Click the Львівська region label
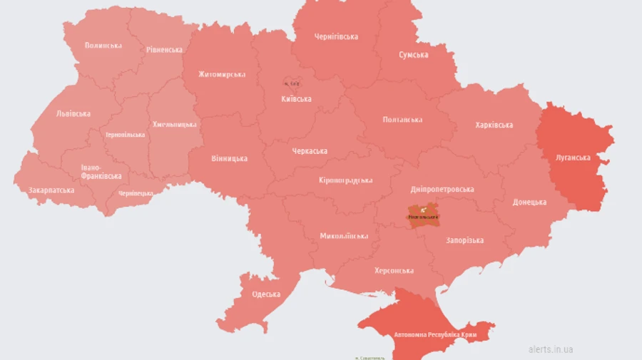[x=73, y=113]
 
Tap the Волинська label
[x=103, y=46]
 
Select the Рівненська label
[x=165, y=50]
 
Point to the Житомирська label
[x=222, y=74]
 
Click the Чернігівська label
[x=336, y=36]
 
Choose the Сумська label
[x=414, y=55]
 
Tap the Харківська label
[x=494, y=125]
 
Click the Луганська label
[x=573, y=158]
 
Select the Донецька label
[x=529, y=202]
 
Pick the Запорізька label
[x=464, y=240]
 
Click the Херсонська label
[x=394, y=271]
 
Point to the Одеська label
[x=266, y=294]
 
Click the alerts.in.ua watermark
[x=551, y=349]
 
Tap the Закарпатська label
[x=51, y=190]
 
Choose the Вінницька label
[x=230, y=158]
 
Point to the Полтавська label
[x=402, y=120]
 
